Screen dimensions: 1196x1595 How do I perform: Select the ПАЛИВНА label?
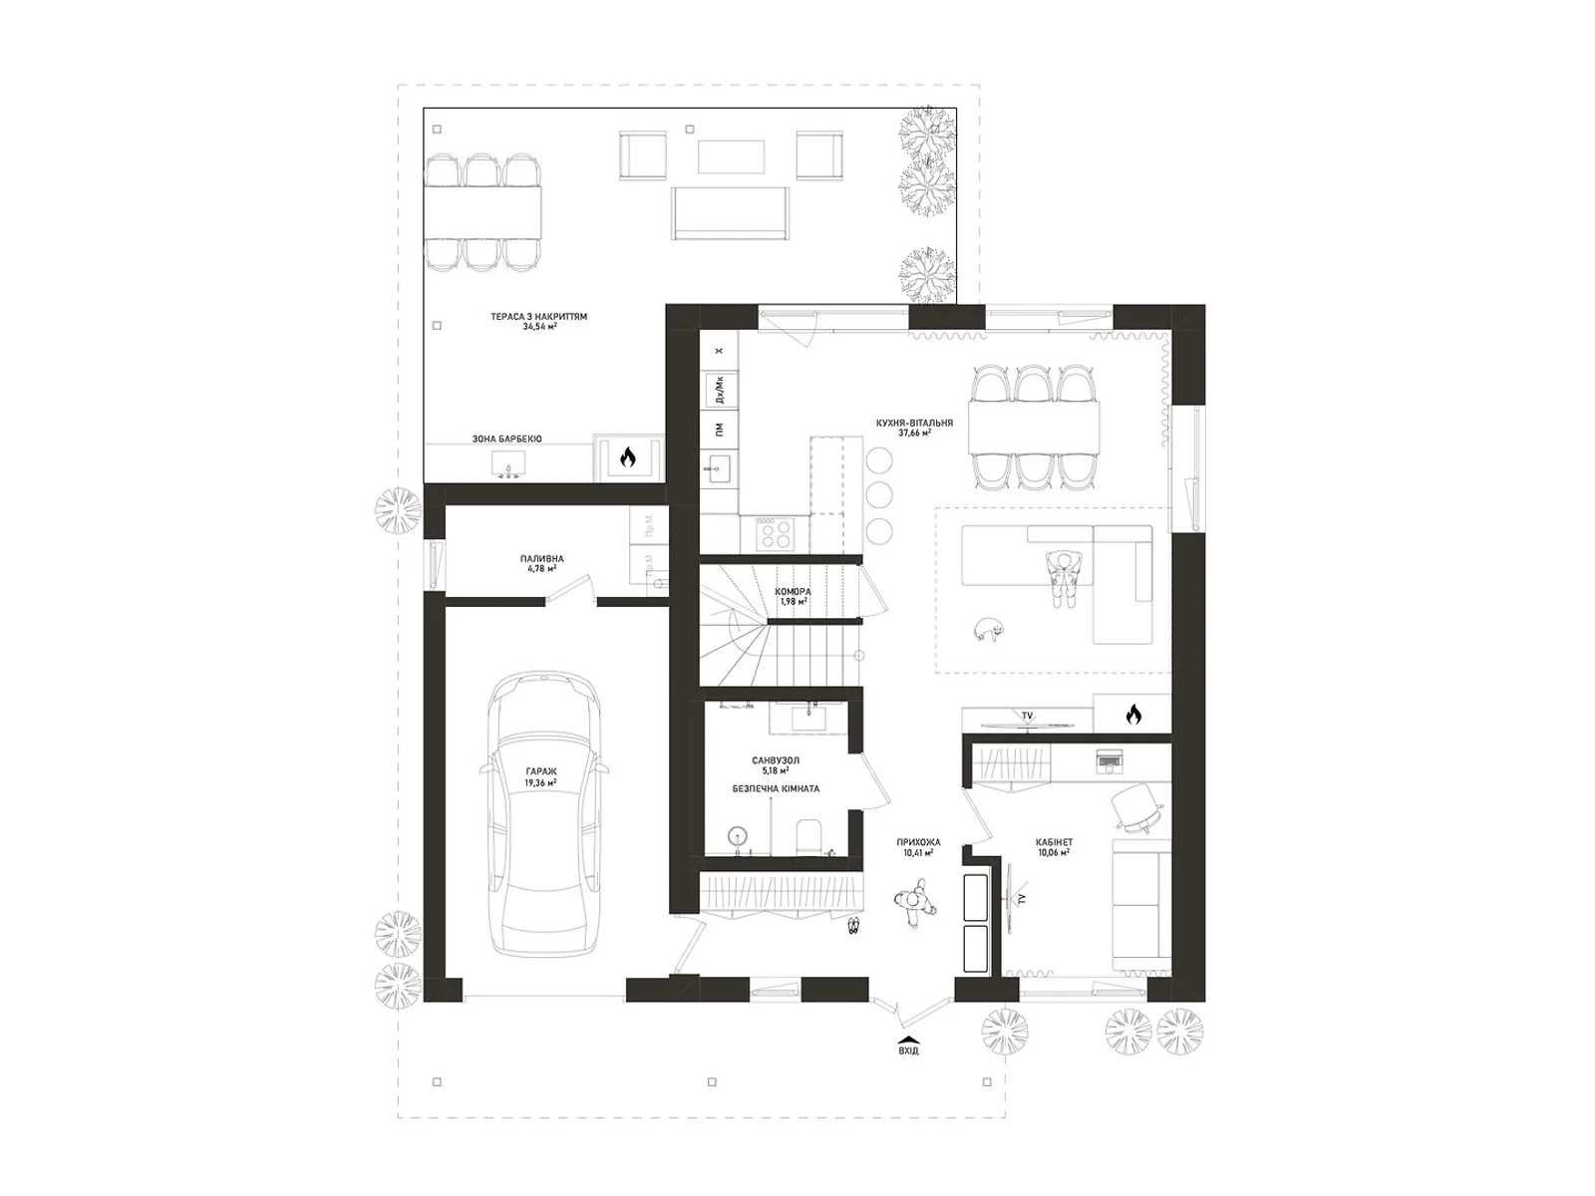[541, 559]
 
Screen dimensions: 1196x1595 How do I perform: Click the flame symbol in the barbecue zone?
[627, 457]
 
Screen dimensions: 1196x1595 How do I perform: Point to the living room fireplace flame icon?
[1132, 714]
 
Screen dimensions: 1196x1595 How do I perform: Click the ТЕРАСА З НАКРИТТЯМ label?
[538, 317]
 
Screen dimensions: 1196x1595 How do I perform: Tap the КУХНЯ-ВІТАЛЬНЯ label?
[914, 424]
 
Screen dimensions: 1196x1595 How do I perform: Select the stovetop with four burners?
[774, 532]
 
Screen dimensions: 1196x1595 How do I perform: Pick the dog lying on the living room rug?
[988, 629]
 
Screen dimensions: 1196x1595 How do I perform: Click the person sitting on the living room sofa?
[1063, 577]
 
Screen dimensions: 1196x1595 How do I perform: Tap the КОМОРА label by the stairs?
[793, 592]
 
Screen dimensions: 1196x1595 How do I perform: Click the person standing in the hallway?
[914, 903]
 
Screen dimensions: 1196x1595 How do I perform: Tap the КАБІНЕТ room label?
[1053, 842]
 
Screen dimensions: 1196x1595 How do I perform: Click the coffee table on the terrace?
[732, 157]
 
